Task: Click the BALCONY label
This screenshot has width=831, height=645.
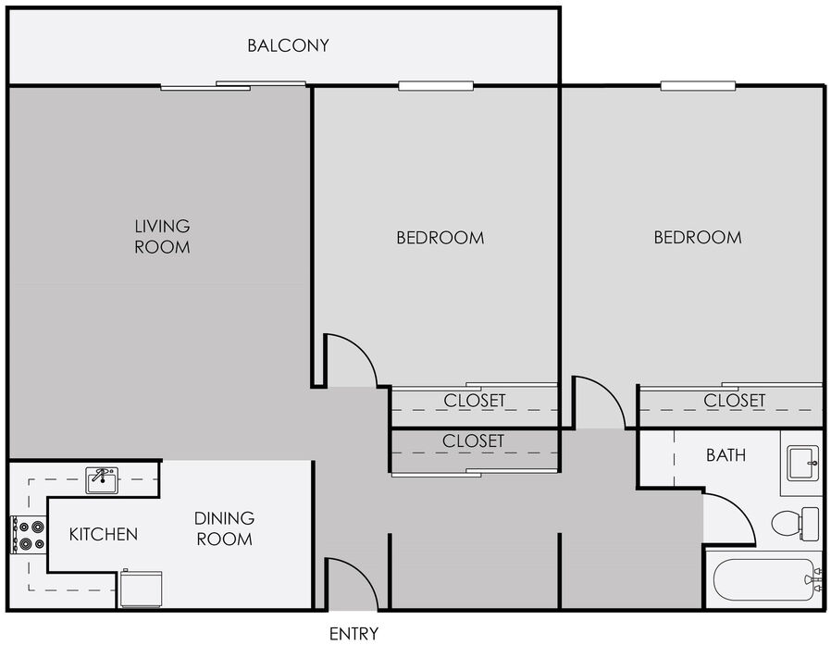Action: coord(288,45)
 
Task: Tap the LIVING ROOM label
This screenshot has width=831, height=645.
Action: coord(162,236)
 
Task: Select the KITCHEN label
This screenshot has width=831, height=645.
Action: coord(104,534)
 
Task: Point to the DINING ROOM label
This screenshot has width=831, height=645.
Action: coord(224,528)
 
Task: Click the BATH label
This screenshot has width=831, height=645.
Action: coord(726,454)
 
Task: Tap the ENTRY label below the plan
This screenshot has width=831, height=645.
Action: coord(353,634)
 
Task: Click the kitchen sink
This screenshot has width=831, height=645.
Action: coord(102,480)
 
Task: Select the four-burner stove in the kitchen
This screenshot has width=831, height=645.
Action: coord(29,535)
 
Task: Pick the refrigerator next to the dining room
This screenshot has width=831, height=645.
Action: coord(141,588)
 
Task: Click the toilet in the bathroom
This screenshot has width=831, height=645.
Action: coord(795,524)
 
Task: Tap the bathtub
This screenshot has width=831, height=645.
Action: coord(766,579)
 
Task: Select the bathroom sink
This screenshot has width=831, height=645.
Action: coord(802,464)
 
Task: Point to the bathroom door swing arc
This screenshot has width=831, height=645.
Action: coord(738,509)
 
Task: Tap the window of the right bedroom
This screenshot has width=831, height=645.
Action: coord(698,86)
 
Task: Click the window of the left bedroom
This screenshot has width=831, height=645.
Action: coord(436,86)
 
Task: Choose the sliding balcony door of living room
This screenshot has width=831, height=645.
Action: coord(233,86)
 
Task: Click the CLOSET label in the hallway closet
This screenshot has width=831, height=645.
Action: coord(473,441)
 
